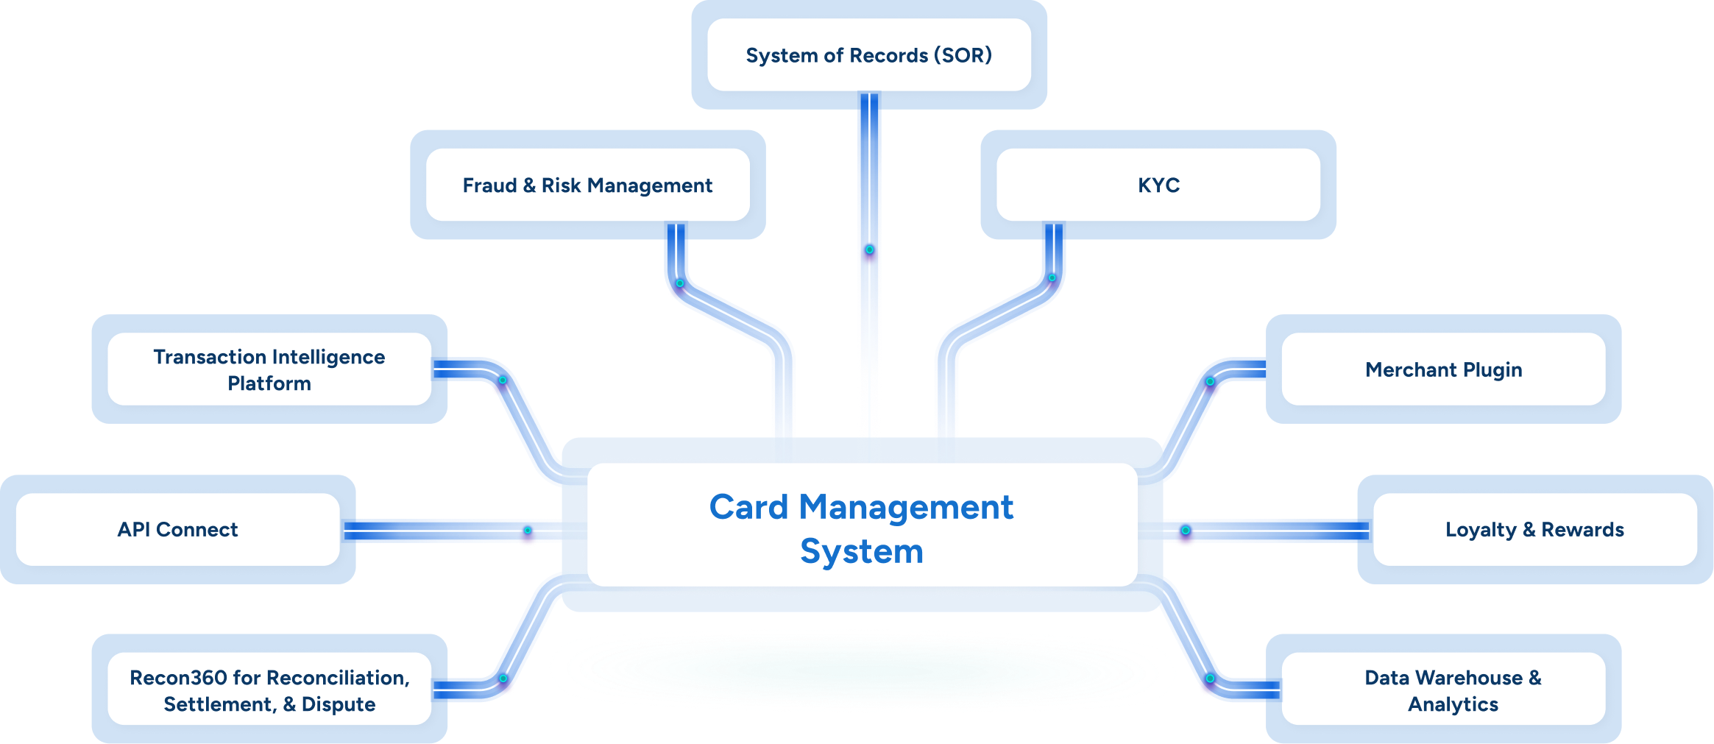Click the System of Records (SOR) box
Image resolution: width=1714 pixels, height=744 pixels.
pyautogui.click(x=868, y=55)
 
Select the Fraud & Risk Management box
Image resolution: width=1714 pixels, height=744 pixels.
pyautogui.click(x=587, y=185)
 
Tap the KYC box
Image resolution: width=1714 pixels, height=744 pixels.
pyautogui.click(x=1158, y=185)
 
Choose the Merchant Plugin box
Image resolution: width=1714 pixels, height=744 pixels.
pyautogui.click(x=1443, y=369)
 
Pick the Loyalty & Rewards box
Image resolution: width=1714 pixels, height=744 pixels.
pyautogui.click(x=1534, y=530)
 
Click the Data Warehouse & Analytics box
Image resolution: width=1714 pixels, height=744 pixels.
pyautogui.click(x=1443, y=690)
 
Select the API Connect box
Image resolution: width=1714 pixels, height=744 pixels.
pyautogui.click(x=177, y=530)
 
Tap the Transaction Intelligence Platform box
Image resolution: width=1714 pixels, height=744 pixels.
pyautogui.click(x=269, y=369)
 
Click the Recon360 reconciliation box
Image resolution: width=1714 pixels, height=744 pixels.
pyautogui.click(x=269, y=690)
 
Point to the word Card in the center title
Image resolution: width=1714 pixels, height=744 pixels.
pyautogui.click(x=748, y=507)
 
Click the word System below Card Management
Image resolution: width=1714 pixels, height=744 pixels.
pyautogui.click(x=861, y=552)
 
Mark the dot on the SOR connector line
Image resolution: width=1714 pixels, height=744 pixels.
pyautogui.click(x=869, y=249)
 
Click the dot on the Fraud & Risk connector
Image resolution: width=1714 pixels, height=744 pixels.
pyautogui.click(x=680, y=283)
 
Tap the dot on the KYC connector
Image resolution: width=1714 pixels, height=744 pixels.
pyautogui.click(x=1052, y=278)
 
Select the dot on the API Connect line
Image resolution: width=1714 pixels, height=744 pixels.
pyautogui.click(x=528, y=531)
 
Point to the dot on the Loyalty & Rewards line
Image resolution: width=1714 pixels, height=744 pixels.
pyautogui.click(x=1186, y=531)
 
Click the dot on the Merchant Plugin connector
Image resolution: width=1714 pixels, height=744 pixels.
pyautogui.click(x=1210, y=381)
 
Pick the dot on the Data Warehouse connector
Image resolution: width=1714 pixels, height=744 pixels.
pyautogui.click(x=1210, y=678)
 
